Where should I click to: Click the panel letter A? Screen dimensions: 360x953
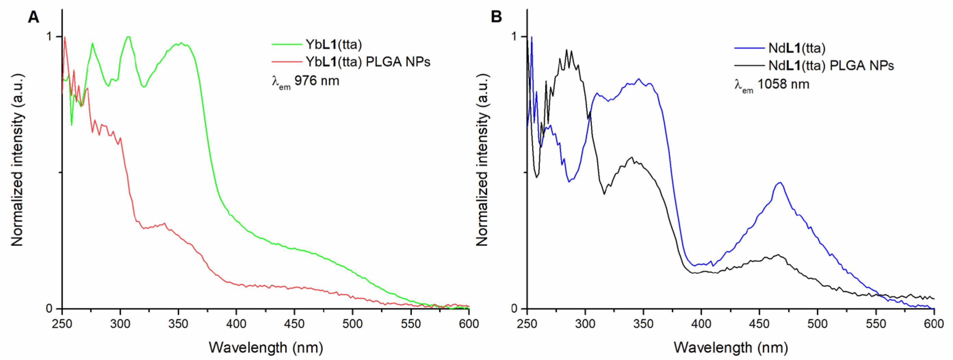[33, 17]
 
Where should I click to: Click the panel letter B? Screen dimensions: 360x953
[496, 17]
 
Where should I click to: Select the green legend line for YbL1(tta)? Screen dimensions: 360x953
[287, 44]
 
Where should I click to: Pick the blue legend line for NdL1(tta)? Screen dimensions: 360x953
[750, 48]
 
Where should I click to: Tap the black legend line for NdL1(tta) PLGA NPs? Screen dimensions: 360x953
[750, 65]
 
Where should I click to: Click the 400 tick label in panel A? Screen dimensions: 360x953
[236, 324]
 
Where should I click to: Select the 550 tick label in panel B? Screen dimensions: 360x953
[876, 324]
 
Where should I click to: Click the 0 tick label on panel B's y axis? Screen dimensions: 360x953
[513, 308]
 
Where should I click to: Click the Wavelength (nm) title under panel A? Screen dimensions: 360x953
[266, 347]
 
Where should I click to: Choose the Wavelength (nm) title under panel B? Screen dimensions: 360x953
[730, 347]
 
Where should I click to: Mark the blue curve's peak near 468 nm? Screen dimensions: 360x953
[780, 182]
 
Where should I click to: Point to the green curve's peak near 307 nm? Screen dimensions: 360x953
[128, 37]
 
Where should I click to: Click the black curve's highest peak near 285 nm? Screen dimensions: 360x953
[567, 50]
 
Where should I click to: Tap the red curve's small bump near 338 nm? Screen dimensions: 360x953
[164, 223]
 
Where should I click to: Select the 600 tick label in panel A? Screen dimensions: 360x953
[469, 324]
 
